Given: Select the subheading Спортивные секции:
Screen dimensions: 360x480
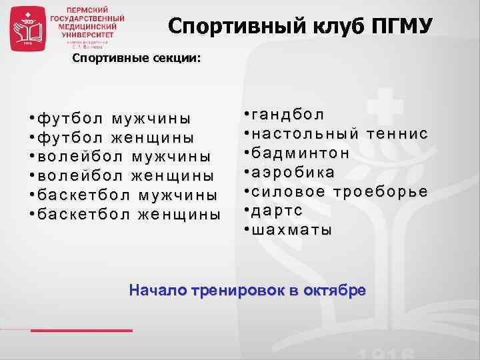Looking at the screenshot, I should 136,59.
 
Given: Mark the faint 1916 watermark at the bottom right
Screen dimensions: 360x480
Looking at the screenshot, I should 386,351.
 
